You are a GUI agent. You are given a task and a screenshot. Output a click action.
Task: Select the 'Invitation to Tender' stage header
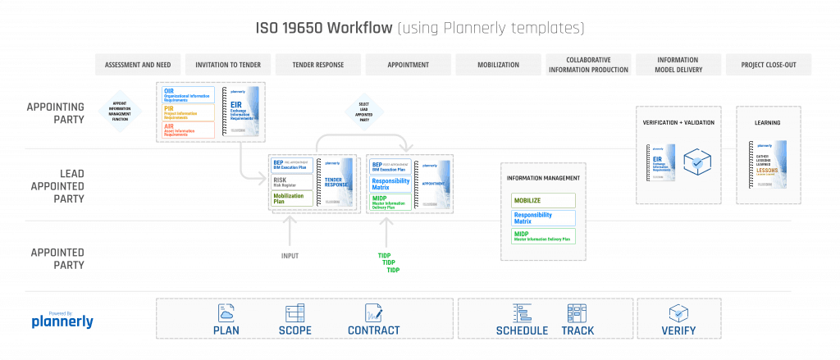point(227,65)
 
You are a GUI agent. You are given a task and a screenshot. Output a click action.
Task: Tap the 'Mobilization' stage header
point(496,65)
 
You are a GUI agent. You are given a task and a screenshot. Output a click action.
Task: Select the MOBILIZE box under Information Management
point(543,201)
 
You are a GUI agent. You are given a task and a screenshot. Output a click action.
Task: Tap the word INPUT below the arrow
point(289,256)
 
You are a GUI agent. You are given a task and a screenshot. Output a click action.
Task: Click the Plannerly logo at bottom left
point(62,321)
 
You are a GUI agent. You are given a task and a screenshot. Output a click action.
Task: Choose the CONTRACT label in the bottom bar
point(373,331)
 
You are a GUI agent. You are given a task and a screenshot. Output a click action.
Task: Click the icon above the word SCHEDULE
point(522,312)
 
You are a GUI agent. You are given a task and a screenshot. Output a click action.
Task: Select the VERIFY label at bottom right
point(678,331)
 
